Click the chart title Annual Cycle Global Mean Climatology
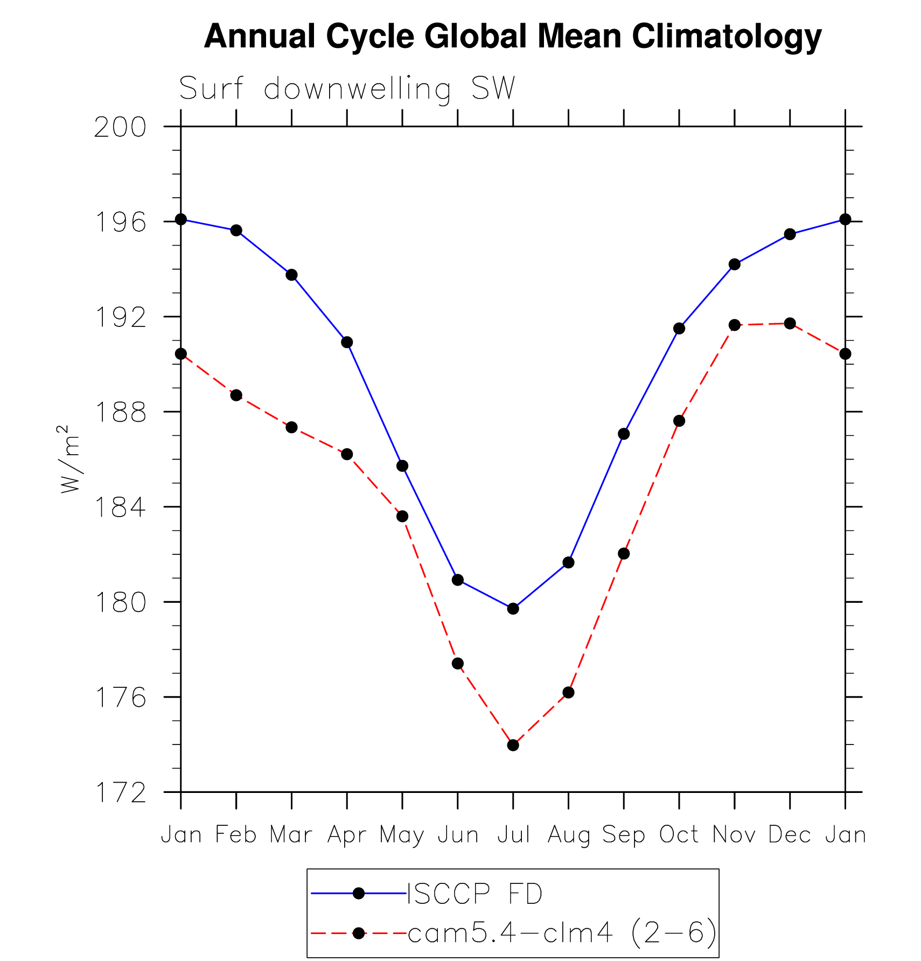click(512, 37)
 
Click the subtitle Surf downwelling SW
click(347, 88)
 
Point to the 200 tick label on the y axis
click(120, 128)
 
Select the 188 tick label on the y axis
click(120, 413)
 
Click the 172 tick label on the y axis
click(120, 793)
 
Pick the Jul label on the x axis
click(513, 834)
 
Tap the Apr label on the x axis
click(347, 834)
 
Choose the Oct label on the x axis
click(679, 834)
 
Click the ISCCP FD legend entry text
click(475, 894)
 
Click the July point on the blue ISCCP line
click(513, 609)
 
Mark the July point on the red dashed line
click(513, 745)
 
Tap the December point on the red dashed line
click(790, 323)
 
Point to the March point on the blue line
click(291, 275)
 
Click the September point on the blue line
click(624, 434)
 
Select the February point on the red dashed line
click(236, 395)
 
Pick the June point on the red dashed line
click(457, 663)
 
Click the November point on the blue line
click(734, 264)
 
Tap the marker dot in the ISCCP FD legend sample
click(359, 894)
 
